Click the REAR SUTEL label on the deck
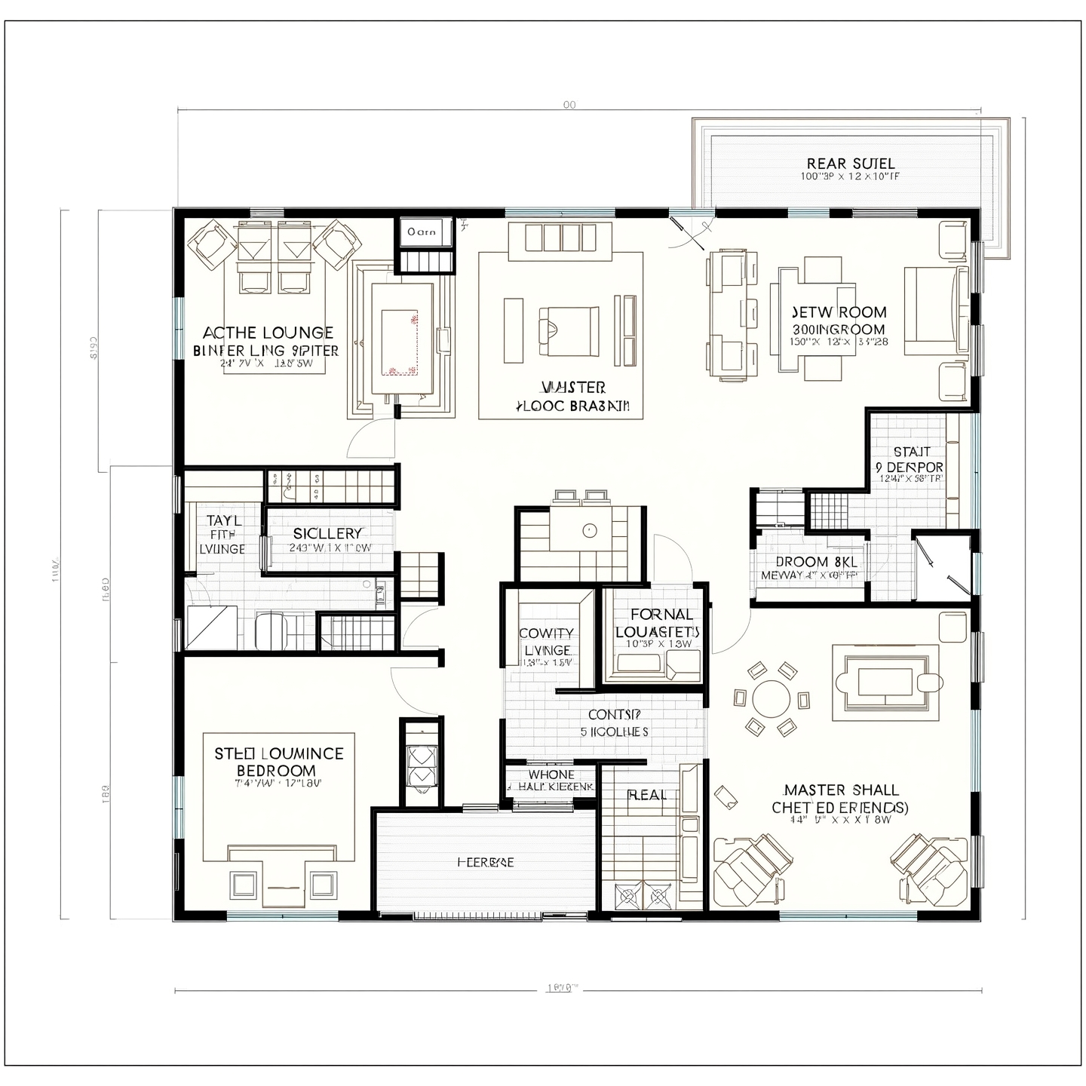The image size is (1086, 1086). pyautogui.click(x=850, y=164)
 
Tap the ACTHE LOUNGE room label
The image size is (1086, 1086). pyautogui.click(x=268, y=333)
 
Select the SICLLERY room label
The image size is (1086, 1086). pyautogui.click(x=328, y=533)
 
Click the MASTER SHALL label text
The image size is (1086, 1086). pyautogui.click(x=841, y=790)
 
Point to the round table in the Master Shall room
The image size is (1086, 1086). pyautogui.click(x=771, y=699)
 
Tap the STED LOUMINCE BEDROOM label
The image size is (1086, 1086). pyautogui.click(x=278, y=761)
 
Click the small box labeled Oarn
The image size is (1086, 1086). pyautogui.click(x=422, y=232)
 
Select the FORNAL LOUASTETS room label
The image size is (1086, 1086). pyautogui.click(x=658, y=623)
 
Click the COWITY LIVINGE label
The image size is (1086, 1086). pyautogui.click(x=547, y=641)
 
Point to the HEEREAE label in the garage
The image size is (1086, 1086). pyautogui.click(x=486, y=862)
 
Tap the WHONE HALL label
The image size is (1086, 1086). pyautogui.click(x=551, y=780)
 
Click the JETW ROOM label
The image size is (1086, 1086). pyautogui.click(x=839, y=311)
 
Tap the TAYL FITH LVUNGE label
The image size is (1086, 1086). pyautogui.click(x=223, y=534)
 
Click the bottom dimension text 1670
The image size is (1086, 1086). pyautogui.click(x=561, y=988)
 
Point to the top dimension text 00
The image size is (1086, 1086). pyautogui.click(x=569, y=105)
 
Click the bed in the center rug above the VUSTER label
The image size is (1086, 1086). pyautogui.click(x=569, y=330)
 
